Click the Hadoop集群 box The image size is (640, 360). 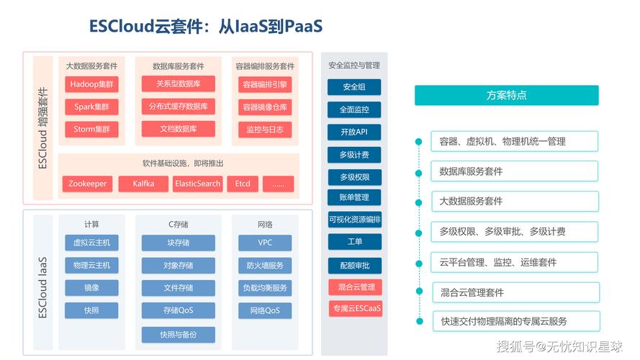[91, 84]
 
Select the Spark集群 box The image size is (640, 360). [91, 107]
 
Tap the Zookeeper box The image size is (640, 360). [87, 184]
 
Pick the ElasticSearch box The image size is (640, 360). [197, 184]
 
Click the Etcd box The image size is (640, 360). [243, 184]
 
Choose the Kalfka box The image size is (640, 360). [143, 184]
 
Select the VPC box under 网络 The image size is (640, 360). [265, 243]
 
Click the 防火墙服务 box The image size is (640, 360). [265, 266]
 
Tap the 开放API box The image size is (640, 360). [354, 132]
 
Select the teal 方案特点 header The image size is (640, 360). [506, 96]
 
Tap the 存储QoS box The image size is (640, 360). [178, 311]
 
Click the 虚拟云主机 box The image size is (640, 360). [91, 243]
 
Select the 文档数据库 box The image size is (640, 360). [178, 129]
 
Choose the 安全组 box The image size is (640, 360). [354, 87]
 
